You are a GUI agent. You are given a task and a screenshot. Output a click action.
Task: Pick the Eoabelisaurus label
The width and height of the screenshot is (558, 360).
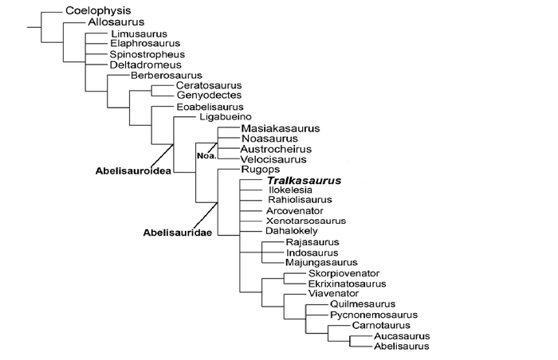click(207, 107)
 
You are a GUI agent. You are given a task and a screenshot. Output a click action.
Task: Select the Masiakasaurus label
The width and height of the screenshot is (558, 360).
click(280, 128)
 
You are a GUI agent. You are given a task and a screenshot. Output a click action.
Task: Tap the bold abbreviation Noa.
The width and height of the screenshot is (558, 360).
click(206, 155)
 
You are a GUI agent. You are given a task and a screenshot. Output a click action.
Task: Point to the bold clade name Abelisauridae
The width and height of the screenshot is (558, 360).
click(171, 233)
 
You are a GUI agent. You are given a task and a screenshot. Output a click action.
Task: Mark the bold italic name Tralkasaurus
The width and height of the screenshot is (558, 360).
click(304, 181)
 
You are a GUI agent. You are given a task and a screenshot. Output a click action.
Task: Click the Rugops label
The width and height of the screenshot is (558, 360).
click(257, 170)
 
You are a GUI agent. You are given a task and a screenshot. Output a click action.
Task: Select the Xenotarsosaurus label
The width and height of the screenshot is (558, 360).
click(306, 221)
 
